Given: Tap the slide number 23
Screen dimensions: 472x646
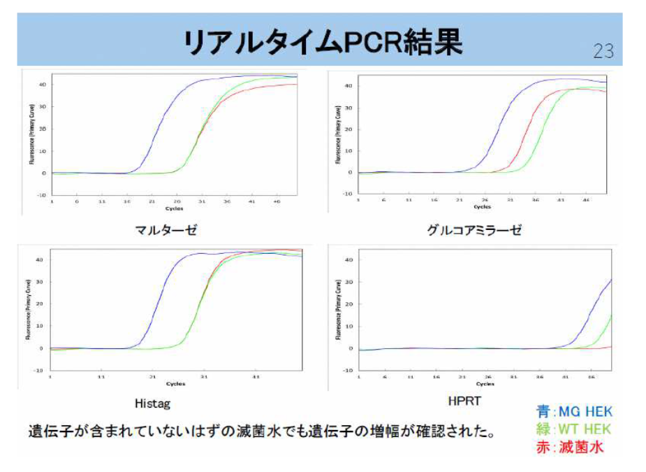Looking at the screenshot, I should click(603, 51).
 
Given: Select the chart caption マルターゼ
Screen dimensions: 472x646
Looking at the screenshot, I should click(163, 229).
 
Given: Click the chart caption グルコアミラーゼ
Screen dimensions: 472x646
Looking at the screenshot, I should click(474, 230).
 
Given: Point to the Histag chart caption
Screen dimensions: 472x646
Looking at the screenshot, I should click(152, 403).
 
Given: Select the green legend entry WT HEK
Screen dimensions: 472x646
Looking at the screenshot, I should click(573, 429).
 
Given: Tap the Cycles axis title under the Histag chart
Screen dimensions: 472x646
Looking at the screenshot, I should click(175, 384).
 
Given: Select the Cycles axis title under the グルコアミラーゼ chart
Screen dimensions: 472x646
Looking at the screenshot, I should click(482, 207).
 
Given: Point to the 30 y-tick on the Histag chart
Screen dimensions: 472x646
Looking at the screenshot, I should click(41, 282).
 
